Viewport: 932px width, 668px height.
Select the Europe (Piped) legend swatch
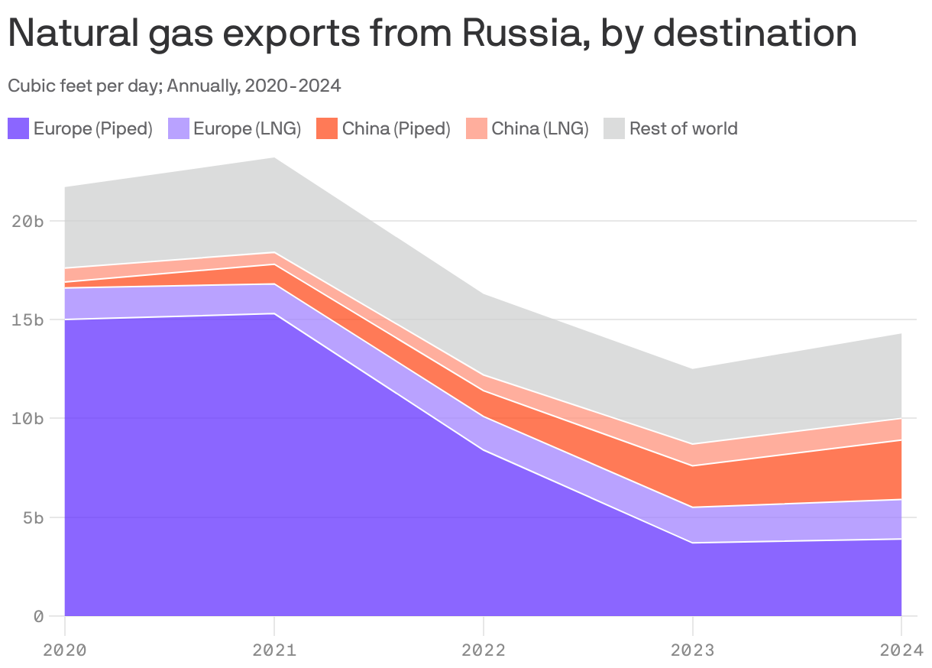(18, 128)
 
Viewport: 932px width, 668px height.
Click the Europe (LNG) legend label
(247, 128)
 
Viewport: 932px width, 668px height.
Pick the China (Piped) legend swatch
(327, 128)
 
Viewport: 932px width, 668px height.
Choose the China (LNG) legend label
(539, 128)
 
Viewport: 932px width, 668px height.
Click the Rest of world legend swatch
(614, 128)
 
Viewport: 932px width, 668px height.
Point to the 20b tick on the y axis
(28, 221)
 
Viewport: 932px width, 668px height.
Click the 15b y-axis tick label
(28, 319)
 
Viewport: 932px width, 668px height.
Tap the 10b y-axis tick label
(28, 419)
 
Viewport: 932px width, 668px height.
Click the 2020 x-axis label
(65, 650)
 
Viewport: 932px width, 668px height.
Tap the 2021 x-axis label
(274, 650)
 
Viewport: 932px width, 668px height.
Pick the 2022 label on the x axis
(484, 650)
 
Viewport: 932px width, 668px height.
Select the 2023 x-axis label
(693, 650)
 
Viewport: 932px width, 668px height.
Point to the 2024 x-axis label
(901, 650)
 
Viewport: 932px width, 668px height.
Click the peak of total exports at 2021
(274, 157)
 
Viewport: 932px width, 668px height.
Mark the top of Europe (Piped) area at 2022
(484, 450)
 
